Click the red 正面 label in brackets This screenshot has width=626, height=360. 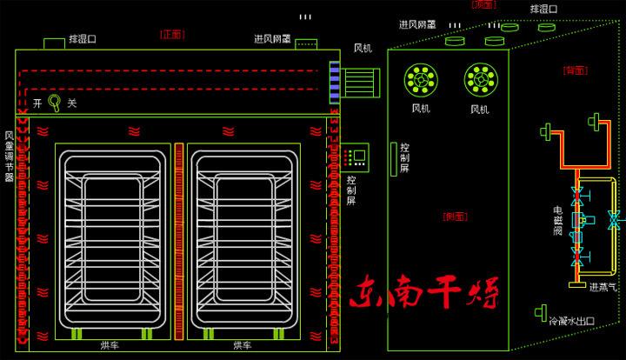pyautogui.click(x=172, y=35)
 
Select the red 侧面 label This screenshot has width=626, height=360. pyautogui.click(x=455, y=215)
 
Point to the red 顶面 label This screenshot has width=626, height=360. pyautogui.click(x=484, y=4)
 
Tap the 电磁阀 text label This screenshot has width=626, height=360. pyautogui.click(x=557, y=222)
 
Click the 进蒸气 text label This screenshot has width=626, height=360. pyautogui.click(x=603, y=287)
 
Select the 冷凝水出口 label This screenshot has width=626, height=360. pyautogui.click(x=571, y=320)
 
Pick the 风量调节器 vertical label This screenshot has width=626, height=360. pyautogui.click(x=9, y=157)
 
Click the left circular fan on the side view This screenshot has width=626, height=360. pyautogui.click(x=421, y=79)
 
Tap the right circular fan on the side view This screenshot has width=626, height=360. pyautogui.click(x=480, y=79)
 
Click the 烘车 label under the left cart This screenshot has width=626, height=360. pyautogui.click(x=110, y=346)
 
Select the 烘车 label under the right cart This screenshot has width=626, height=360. pyautogui.click(x=243, y=346)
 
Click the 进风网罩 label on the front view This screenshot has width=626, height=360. pyautogui.click(x=272, y=39)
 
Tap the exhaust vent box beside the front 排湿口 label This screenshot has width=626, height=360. pyautogui.click(x=54, y=43)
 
